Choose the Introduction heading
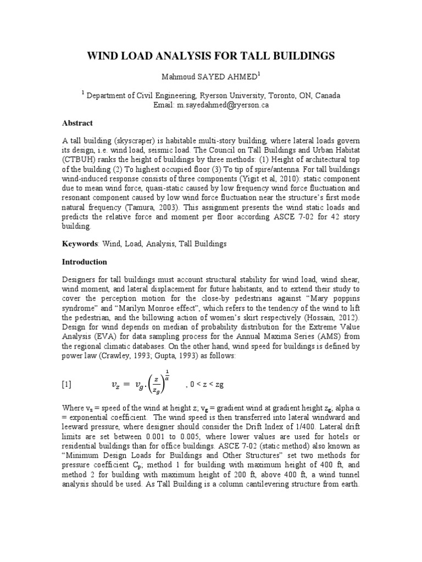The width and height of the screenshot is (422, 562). [84, 262]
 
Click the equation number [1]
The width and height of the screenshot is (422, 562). [66, 385]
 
